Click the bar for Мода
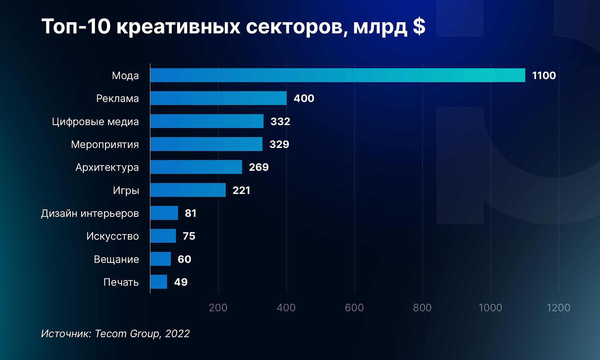pos(337,75)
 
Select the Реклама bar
pos(218,98)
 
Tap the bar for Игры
pos(188,190)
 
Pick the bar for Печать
pos(159,282)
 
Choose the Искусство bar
pos(163,236)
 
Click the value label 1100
pos(544,75)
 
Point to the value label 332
pos(280,121)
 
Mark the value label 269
pos(259,167)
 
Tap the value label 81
pos(191,213)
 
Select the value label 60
pos(184,259)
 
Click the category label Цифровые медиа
pos(95,122)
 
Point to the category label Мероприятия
pos(105,145)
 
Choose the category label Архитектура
pos(107,167)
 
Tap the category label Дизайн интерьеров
pos(90,213)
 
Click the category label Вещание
pos(116,259)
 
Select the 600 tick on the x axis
pos(354,307)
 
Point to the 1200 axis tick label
pos(558,307)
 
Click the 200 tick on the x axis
pos(218,307)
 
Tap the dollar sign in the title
pos(419,26)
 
